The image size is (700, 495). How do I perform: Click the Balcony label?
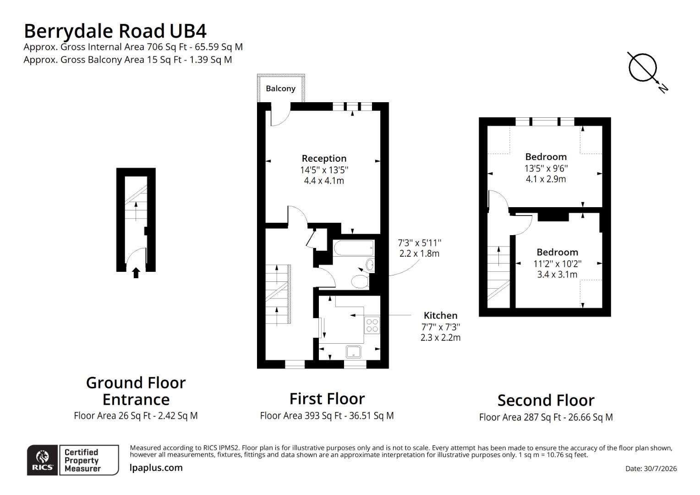280,88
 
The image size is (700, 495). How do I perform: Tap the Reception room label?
324,158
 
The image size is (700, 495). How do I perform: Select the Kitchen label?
440,315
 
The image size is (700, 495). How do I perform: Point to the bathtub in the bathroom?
354,248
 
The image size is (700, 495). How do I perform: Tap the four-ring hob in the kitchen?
372,325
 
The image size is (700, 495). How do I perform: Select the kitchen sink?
354,352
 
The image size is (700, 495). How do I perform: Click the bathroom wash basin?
370,265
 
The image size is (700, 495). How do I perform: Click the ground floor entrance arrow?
136,273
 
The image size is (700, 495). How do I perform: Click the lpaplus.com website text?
156,468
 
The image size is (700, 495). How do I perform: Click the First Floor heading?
327,399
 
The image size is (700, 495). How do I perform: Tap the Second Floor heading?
546,400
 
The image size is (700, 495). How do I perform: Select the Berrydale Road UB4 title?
115,31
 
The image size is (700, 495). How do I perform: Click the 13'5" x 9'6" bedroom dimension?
546,168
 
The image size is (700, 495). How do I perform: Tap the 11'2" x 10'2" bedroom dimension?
557,264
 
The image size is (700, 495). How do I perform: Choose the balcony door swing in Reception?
283,121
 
